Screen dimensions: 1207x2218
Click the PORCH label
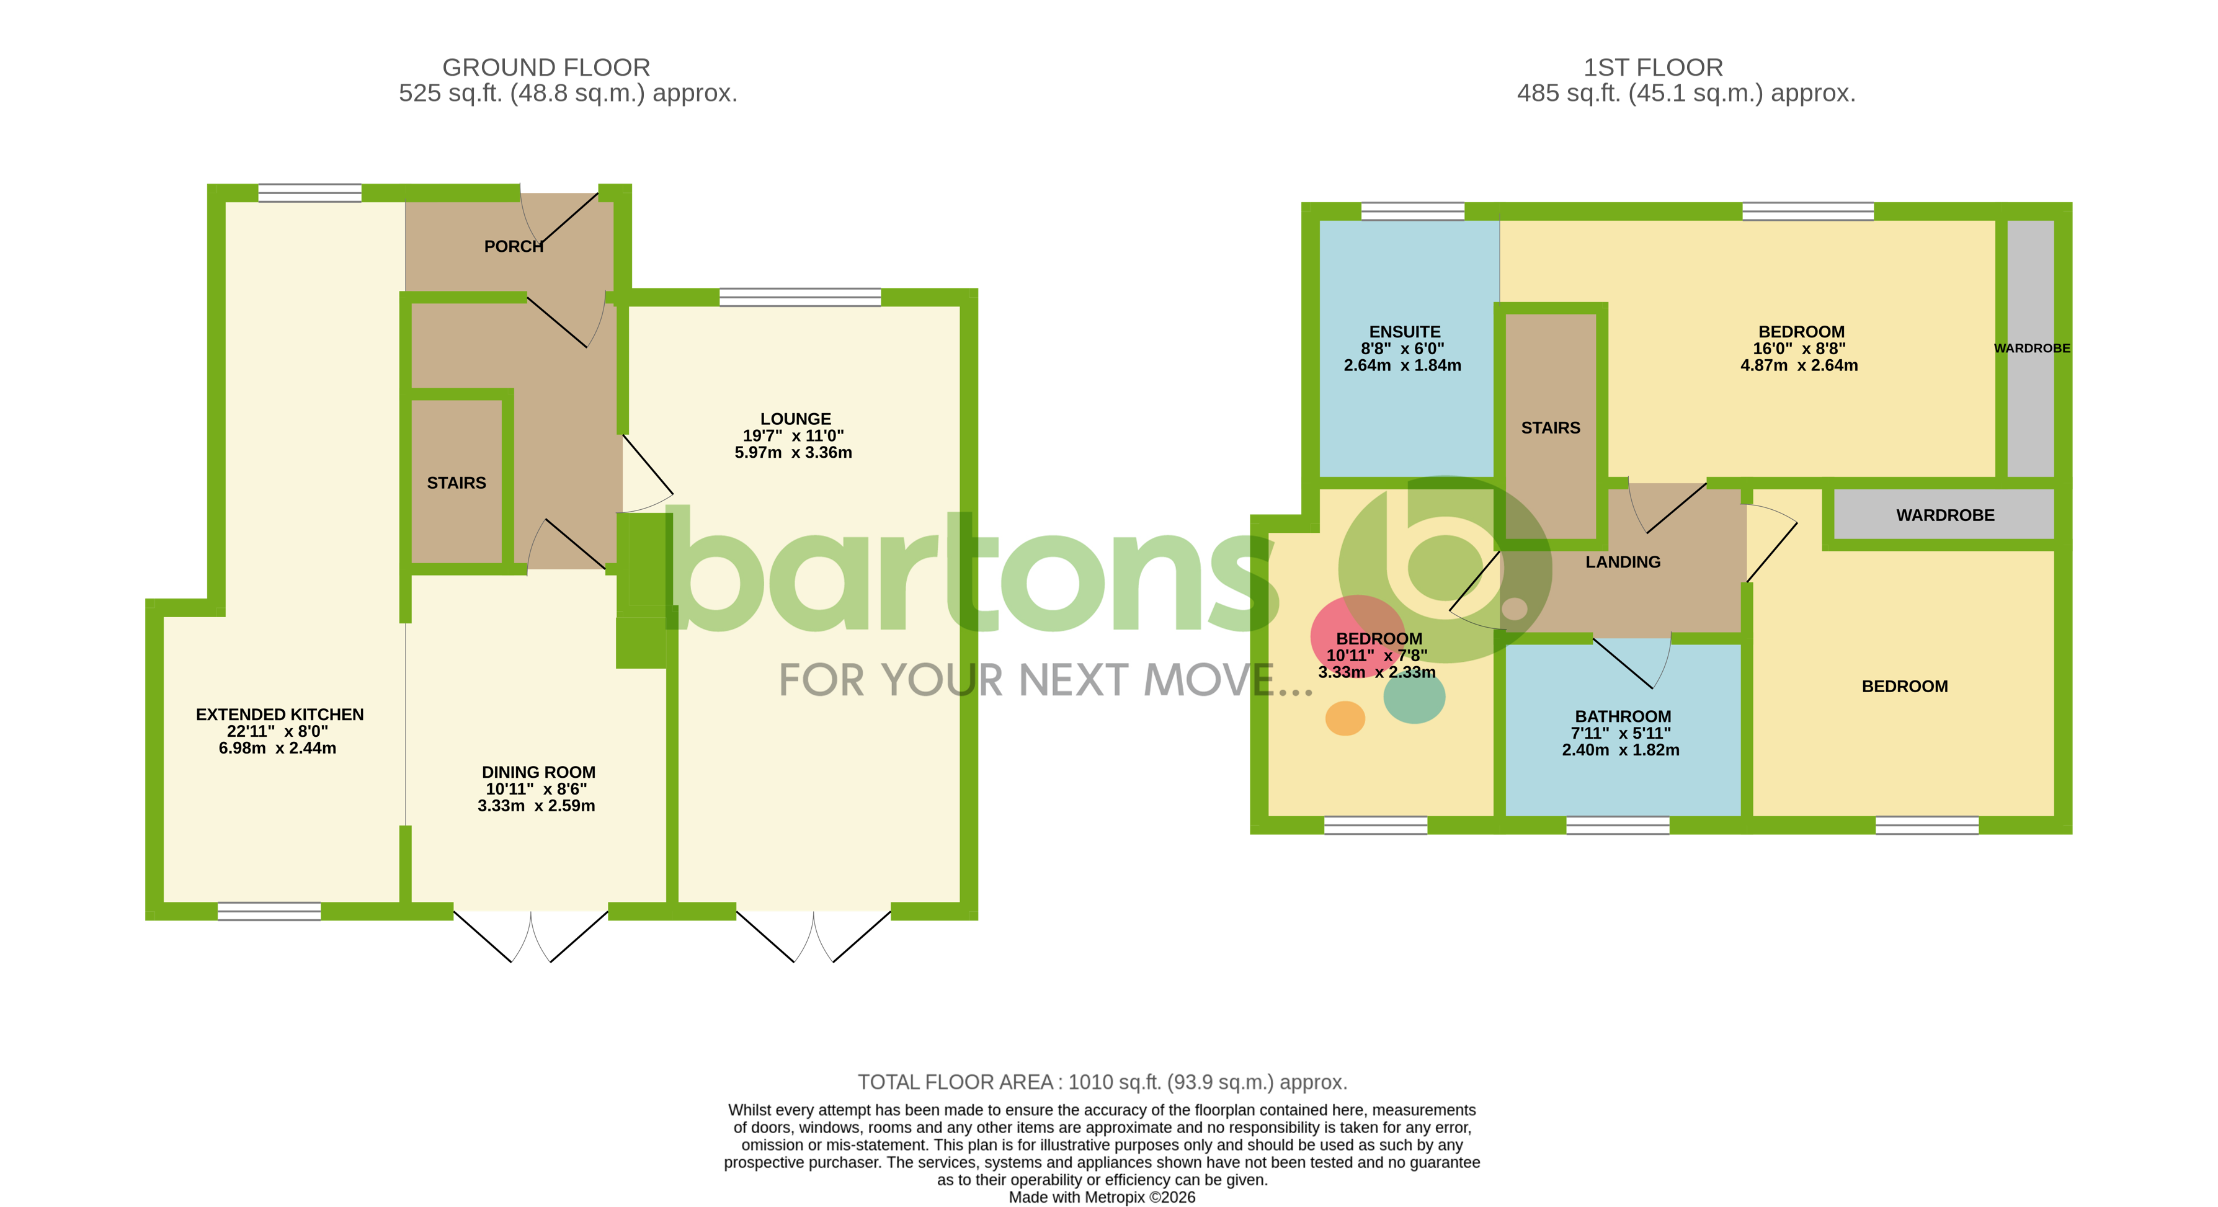(x=513, y=246)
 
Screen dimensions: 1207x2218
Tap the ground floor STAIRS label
(x=457, y=483)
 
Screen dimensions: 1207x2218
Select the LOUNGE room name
(x=795, y=419)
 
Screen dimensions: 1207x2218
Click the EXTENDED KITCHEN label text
(x=279, y=715)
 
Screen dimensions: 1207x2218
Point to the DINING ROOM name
(x=538, y=772)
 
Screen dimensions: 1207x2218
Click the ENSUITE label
(x=1404, y=331)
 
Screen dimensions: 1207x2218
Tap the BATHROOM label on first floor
(x=1622, y=716)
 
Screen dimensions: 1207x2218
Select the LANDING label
(x=1622, y=562)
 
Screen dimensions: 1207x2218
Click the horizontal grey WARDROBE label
(x=1944, y=515)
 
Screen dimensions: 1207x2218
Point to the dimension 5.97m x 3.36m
(x=793, y=453)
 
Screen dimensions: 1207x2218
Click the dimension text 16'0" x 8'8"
(x=1799, y=349)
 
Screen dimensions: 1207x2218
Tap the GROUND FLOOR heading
(x=546, y=67)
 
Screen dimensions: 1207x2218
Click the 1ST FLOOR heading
(x=1652, y=67)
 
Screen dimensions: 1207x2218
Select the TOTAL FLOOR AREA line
(x=1102, y=1082)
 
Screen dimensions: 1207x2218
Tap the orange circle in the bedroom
(x=1344, y=718)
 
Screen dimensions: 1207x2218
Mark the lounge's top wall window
(x=800, y=297)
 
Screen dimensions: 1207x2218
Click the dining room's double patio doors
(x=530, y=934)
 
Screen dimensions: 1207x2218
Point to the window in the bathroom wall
(x=1617, y=826)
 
